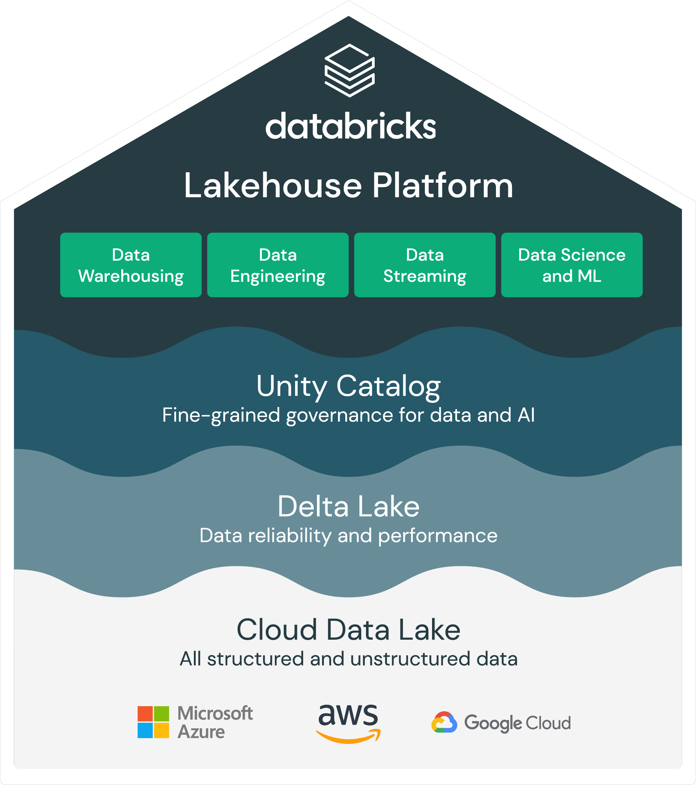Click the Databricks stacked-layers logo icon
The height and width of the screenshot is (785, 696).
(349, 70)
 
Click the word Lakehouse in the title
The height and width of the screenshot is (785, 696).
(273, 186)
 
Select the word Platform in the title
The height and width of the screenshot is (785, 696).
(443, 186)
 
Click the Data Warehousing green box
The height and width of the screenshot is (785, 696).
(131, 265)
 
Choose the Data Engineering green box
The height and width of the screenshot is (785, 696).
(278, 265)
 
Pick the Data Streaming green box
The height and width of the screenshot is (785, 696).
(424, 265)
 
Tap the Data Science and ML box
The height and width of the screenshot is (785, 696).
(571, 265)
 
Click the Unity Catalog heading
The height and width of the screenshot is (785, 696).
(348, 387)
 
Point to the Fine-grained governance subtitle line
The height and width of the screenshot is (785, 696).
(348, 416)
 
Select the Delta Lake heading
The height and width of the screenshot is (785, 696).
(348, 506)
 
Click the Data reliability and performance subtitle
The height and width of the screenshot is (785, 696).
(348, 536)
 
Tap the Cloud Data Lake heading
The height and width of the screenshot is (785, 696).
(348, 630)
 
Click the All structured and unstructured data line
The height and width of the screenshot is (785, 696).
(348, 659)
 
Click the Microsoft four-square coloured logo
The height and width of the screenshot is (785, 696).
(153, 723)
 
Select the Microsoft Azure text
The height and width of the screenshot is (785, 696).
(215, 723)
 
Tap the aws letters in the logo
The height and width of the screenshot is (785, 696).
(348, 716)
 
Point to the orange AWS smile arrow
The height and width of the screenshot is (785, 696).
(348, 737)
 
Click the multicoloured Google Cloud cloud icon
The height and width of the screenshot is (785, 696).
(444, 723)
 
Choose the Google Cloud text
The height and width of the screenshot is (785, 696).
(517, 723)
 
